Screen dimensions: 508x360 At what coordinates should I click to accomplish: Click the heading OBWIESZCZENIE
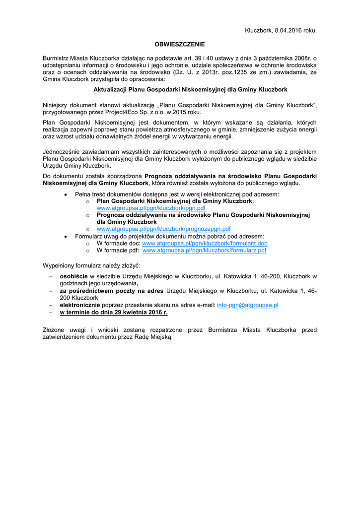point(180,44)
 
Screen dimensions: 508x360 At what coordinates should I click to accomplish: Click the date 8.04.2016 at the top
point(288,30)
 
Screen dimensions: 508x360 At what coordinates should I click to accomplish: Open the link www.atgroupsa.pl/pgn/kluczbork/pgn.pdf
point(151,208)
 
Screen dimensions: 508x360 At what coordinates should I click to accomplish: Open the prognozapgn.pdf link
point(163,229)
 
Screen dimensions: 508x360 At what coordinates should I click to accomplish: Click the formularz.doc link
point(205,244)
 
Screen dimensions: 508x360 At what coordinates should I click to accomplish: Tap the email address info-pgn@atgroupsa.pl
point(247,305)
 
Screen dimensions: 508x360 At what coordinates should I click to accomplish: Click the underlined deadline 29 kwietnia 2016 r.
point(114,313)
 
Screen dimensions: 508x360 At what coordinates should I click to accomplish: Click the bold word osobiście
point(74,276)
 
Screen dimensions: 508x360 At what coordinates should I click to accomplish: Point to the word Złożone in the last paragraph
point(55,329)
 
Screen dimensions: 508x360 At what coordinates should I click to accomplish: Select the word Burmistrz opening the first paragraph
point(57,58)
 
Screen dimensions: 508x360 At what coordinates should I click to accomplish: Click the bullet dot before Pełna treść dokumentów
point(67,194)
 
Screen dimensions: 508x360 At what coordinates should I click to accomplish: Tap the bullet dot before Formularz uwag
point(67,237)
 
